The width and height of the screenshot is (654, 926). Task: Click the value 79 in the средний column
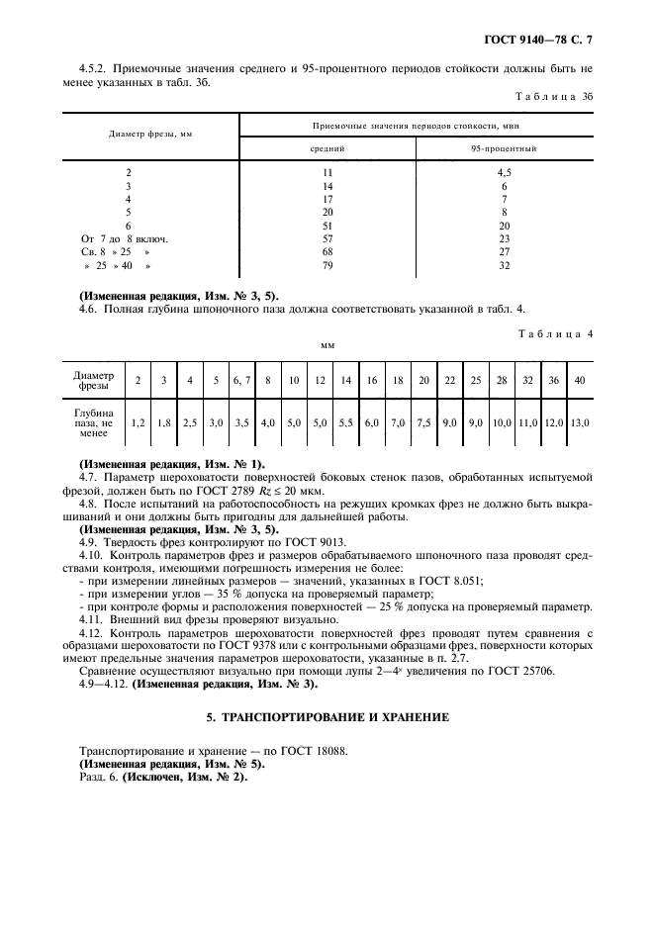point(327,266)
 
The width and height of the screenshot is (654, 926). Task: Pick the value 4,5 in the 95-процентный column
point(504,172)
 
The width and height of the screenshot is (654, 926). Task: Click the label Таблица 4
point(558,333)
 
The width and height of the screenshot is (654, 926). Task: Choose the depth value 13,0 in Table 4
point(580,422)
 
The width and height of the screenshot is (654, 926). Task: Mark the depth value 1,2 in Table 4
point(139,422)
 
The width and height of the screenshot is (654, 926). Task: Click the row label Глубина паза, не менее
point(94,422)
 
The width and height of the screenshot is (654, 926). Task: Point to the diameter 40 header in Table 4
point(580,380)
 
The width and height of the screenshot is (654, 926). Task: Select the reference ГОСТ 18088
point(316,751)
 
